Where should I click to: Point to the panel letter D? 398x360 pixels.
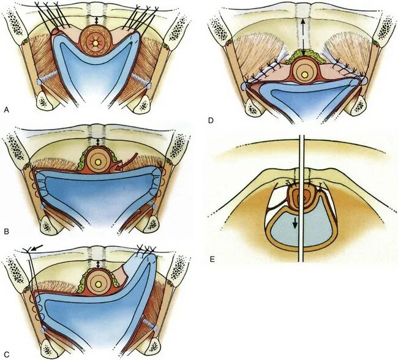(x=211, y=121)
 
